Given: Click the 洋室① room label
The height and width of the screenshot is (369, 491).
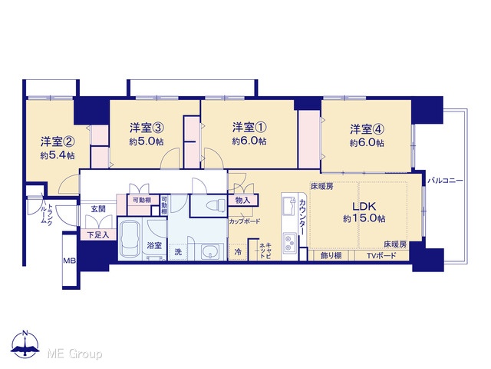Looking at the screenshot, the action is point(249,128).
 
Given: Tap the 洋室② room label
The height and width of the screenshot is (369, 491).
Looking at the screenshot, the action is point(58,141).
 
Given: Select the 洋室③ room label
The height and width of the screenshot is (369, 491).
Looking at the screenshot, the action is point(147,128).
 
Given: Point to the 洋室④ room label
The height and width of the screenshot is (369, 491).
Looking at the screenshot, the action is point(367,129).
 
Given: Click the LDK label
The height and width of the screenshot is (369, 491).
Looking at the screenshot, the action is point(364,207).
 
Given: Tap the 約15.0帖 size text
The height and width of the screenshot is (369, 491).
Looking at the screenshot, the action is point(364,218).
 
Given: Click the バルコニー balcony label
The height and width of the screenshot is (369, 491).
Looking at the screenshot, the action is point(445,181).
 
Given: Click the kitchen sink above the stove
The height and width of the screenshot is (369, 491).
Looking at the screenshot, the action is point(288,206).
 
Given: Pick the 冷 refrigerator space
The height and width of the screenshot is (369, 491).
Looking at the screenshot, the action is point(238,251).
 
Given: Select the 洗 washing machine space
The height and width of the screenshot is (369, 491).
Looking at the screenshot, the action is point(178,251).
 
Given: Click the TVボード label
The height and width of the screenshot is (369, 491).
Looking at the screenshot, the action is point(381,255).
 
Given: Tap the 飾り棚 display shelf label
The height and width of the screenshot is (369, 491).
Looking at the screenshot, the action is point(331,255).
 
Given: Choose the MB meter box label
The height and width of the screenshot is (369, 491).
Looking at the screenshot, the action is point(70,261).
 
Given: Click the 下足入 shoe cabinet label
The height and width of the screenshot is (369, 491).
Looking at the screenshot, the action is point(98,234).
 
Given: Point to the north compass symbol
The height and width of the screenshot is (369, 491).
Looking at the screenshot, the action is point(25,344).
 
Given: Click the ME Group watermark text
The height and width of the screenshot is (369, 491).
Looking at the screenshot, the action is point(74,354).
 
